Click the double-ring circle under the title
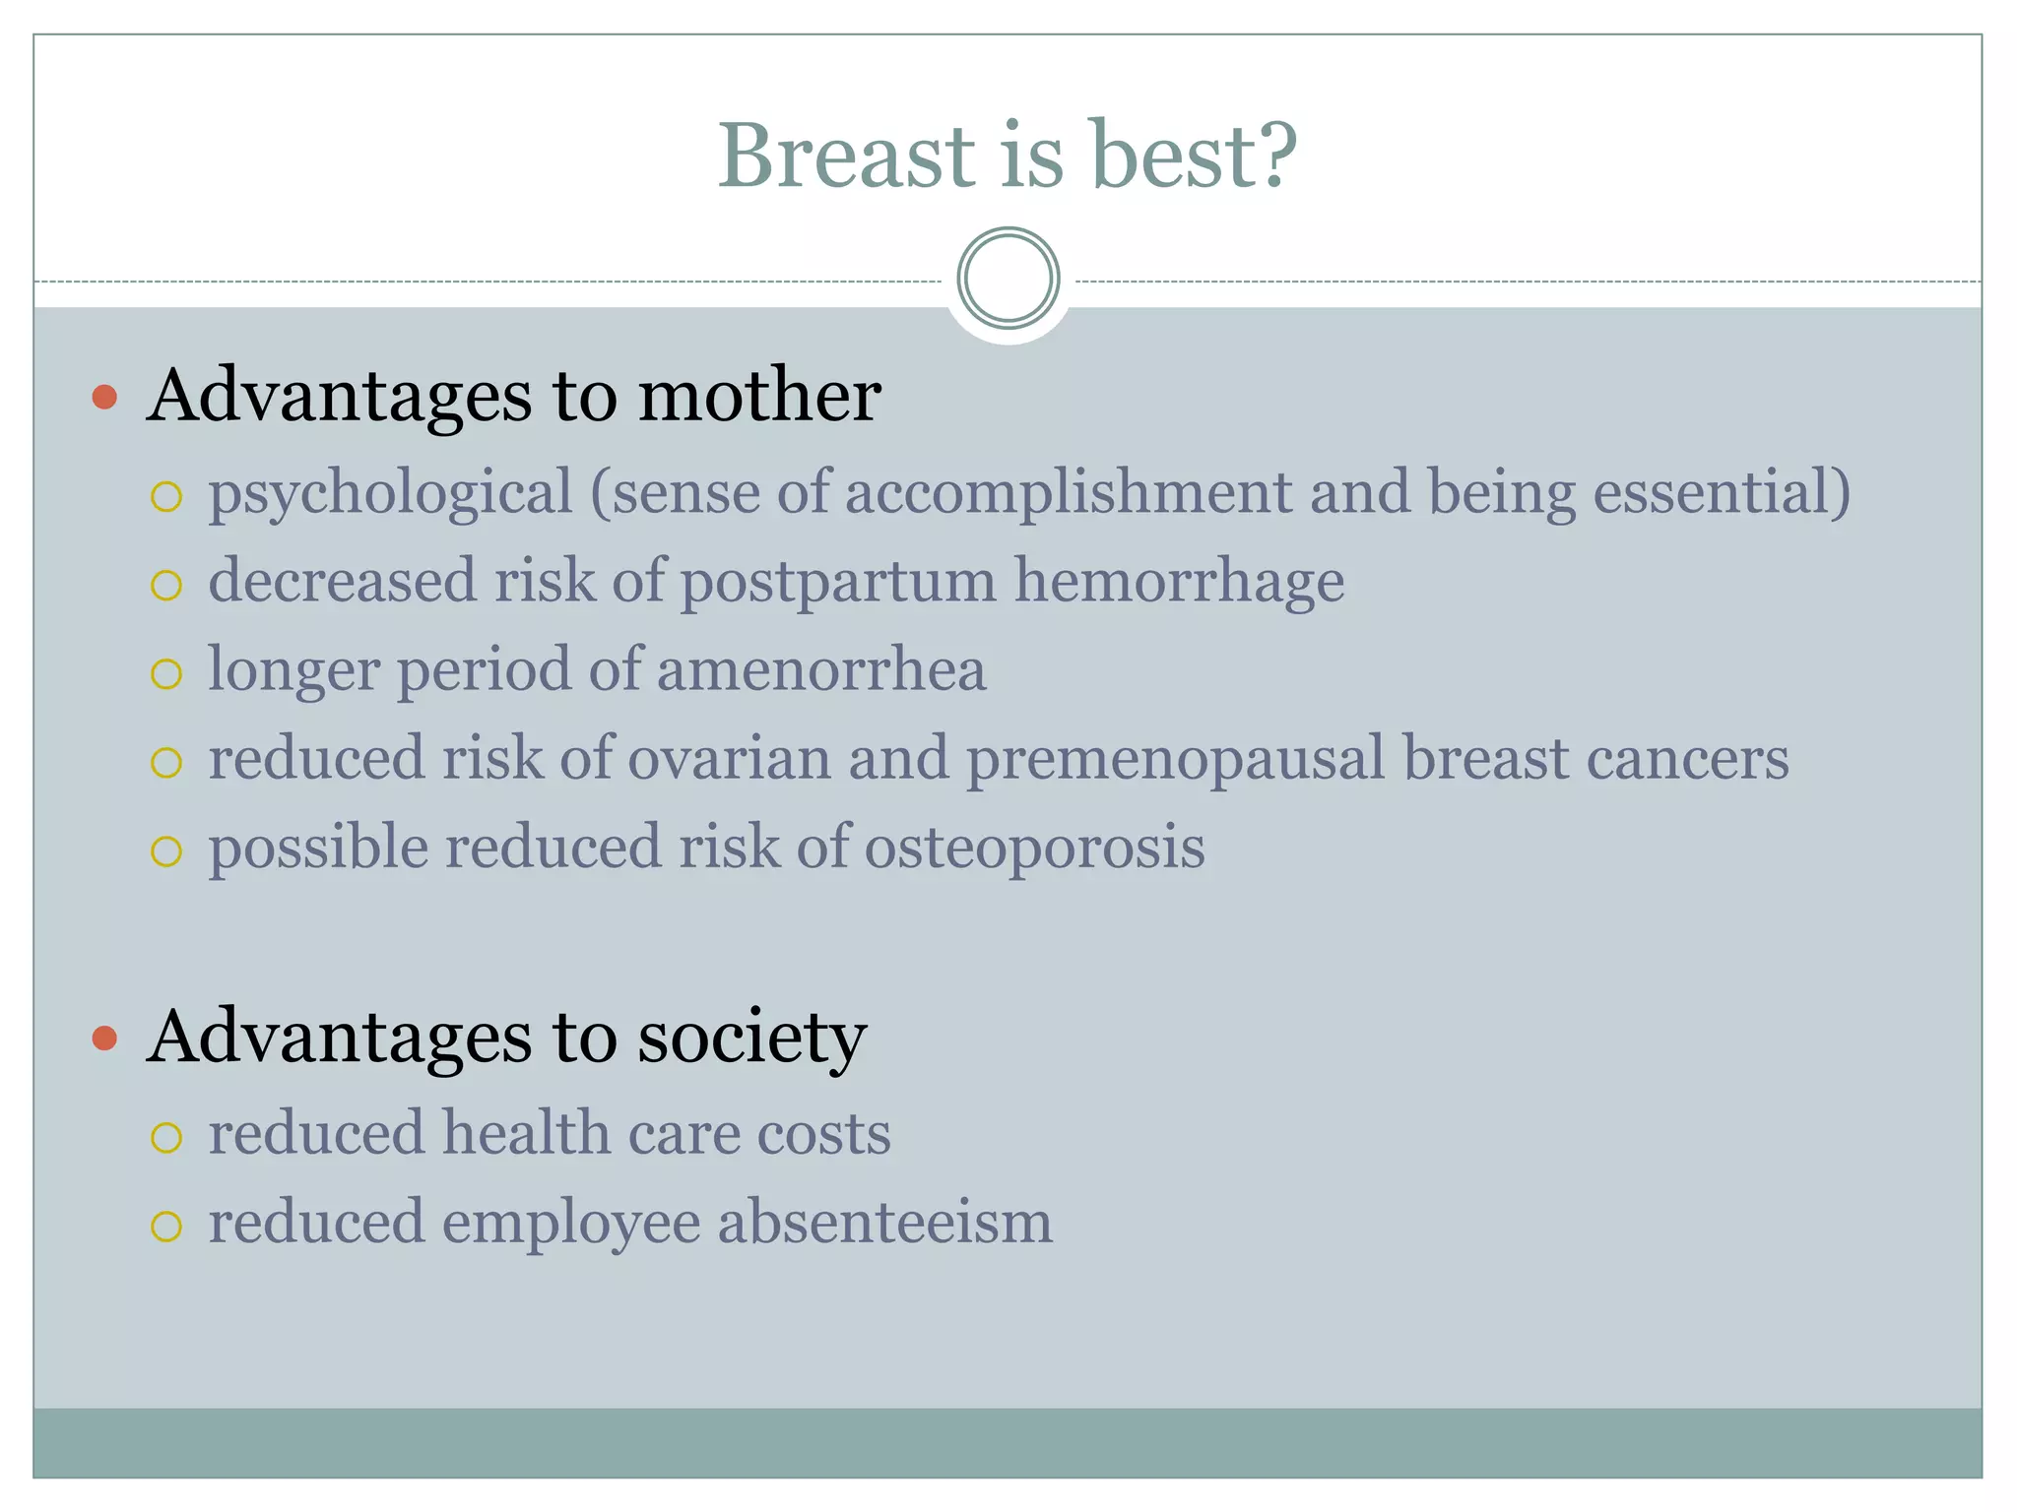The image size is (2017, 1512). pyautogui.click(x=1008, y=279)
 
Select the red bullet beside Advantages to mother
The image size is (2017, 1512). pyautogui.click(x=104, y=398)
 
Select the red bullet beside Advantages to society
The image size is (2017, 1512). pyautogui.click(x=104, y=1038)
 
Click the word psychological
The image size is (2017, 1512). pyautogui.click(x=390, y=494)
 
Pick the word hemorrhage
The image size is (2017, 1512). pyautogui.click(x=1179, y=583)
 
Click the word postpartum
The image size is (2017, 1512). pyautogui.click(x=838, y=583)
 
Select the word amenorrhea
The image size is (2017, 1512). pyautogui.click(x=821, y=670)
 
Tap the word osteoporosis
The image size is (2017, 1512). pyautogui.click(x=1034, y=849)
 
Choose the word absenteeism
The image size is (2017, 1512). pyautogui.click(x=884, y=1223)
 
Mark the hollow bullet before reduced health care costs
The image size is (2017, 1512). pyautogui.click(x=166, y=1138)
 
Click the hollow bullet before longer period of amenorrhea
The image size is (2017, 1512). pyautogui.click(x=166, y=674)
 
